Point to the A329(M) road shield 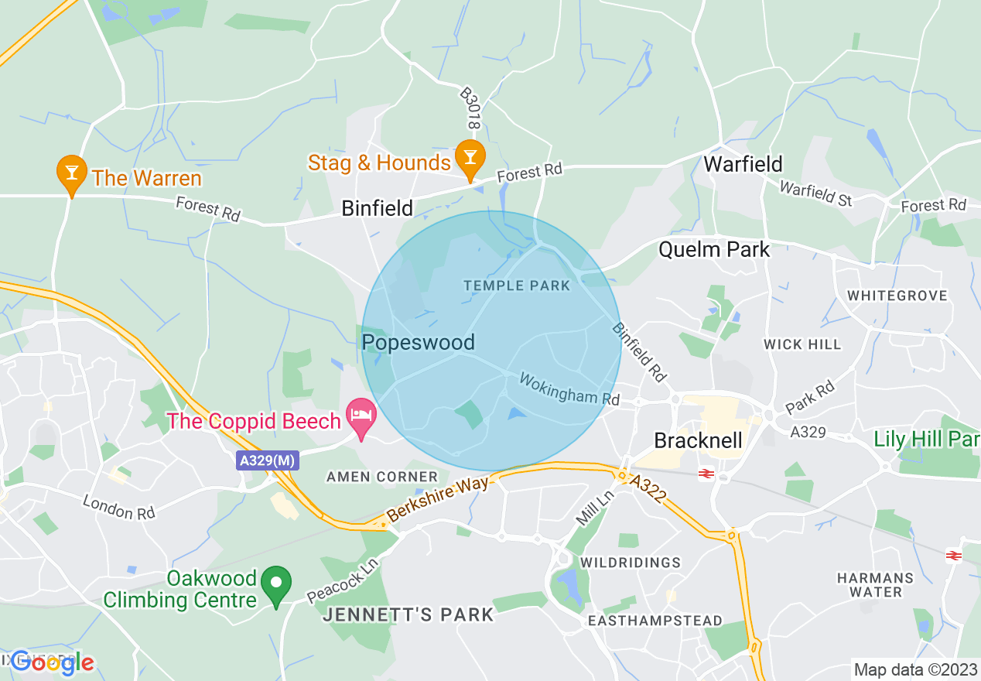click(268, 460)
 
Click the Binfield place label click(378, 207)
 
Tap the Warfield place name click(743, 164)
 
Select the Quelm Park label click(714, 249)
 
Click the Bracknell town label click(698, 440)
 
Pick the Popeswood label click(418, 342)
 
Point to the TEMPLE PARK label click(517, 286)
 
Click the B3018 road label click(470, 108)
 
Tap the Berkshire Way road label click(438, 500)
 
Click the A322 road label click(648, 491)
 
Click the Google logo click(52, 662)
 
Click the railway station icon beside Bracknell click(706, 474)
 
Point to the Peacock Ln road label click(340, 582)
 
